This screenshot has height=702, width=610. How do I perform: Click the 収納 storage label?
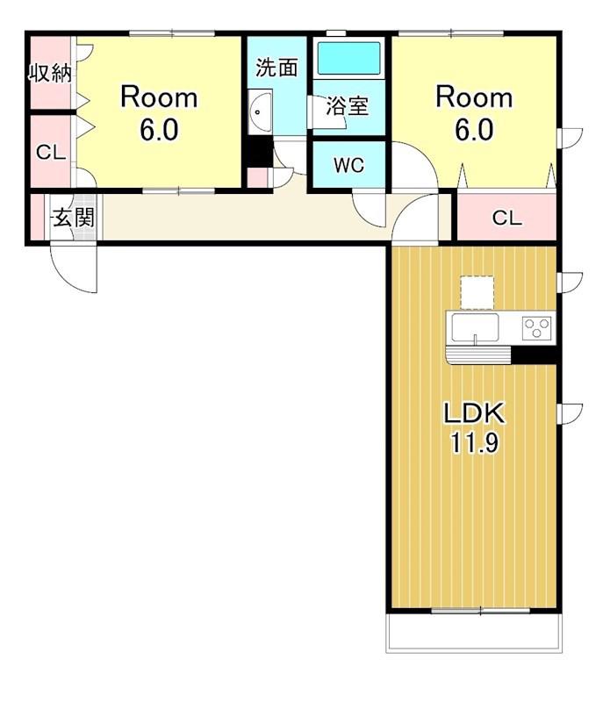click(50, 73)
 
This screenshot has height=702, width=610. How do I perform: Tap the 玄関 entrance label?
click(74, 218)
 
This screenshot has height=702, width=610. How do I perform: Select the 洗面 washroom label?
click(276, 68)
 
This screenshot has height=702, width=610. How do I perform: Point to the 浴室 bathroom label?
click(347, 106)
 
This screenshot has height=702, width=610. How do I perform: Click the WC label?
click(349, 166)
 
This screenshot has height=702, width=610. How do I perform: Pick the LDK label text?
click(474, 412)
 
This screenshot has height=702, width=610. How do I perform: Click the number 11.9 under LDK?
click(474, 443)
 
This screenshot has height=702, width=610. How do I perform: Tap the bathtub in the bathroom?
click(349, 58)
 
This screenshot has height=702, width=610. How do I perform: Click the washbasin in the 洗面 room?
click(260, 111)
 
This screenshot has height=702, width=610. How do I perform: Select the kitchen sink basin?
click(475, 327)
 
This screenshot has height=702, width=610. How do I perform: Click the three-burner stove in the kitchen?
click(536, 327)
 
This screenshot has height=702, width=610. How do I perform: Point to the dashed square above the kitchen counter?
click(477, 292)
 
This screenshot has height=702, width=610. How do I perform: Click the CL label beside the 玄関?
click(51, 152)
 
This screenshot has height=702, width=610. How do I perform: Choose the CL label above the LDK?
click(506, 218)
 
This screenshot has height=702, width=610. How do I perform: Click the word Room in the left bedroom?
click(159, 97)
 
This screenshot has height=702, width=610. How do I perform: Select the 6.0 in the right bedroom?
click(474, 130)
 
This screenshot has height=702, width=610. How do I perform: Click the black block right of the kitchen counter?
click(534, 355)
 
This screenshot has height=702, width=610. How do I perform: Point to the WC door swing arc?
click(361, 217)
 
